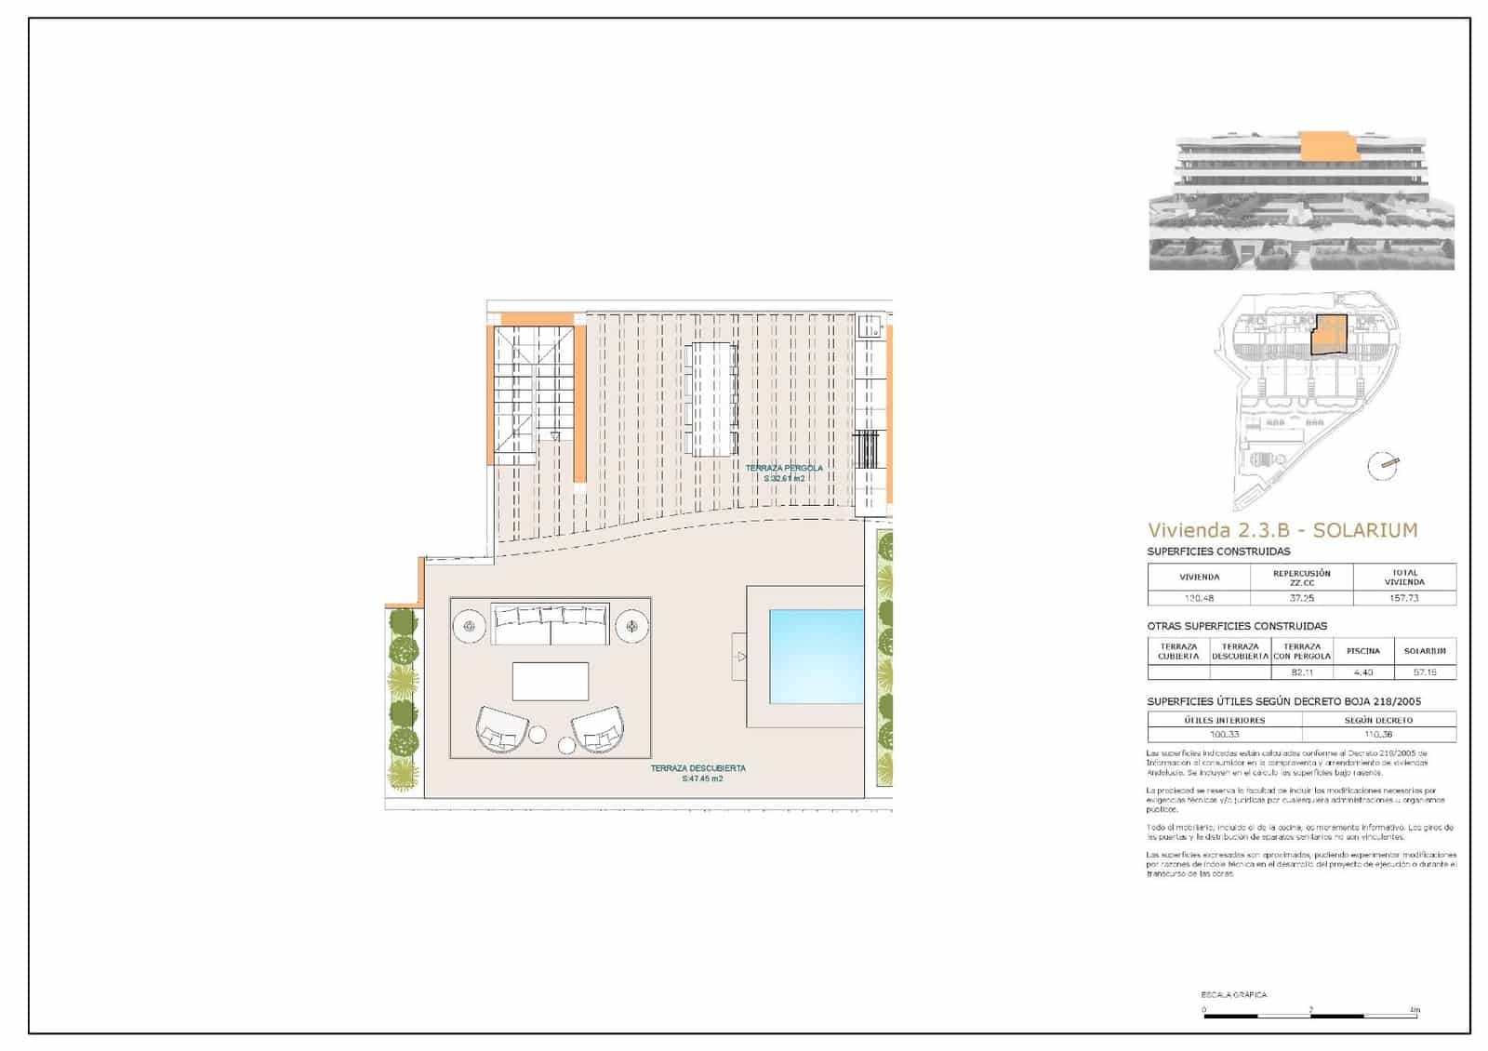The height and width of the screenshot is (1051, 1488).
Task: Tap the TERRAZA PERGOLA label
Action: click(x=784, y=468)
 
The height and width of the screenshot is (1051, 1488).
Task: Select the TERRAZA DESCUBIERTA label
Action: click(x=698, y=768)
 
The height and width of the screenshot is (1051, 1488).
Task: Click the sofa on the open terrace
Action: click(x=551, y=624)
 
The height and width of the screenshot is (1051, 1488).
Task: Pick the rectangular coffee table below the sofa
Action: click(x=551, y=681)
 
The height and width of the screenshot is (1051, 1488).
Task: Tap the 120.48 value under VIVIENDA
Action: click(x=1199, y=598)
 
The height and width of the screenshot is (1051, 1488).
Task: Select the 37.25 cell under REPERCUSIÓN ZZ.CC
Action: click(x=1302, y=598)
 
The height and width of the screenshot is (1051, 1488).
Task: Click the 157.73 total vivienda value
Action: click(x=1404, y=598)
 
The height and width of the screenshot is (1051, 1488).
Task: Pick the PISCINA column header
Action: click(x=1363, y=651)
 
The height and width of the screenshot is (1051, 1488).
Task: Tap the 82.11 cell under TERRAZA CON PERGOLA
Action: click(x=1302, y=672)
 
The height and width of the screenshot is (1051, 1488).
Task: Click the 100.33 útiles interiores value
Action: click(x=1224, y=734)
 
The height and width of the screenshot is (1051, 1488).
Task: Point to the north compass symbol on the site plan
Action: click(x=1383, y=465)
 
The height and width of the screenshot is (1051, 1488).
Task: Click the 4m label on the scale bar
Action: click(x=1415, y=1009)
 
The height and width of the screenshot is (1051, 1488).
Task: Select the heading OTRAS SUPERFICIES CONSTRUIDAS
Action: click(x=1237, y=626)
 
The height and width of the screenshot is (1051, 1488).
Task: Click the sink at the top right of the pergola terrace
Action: click(x=870, y=326)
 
